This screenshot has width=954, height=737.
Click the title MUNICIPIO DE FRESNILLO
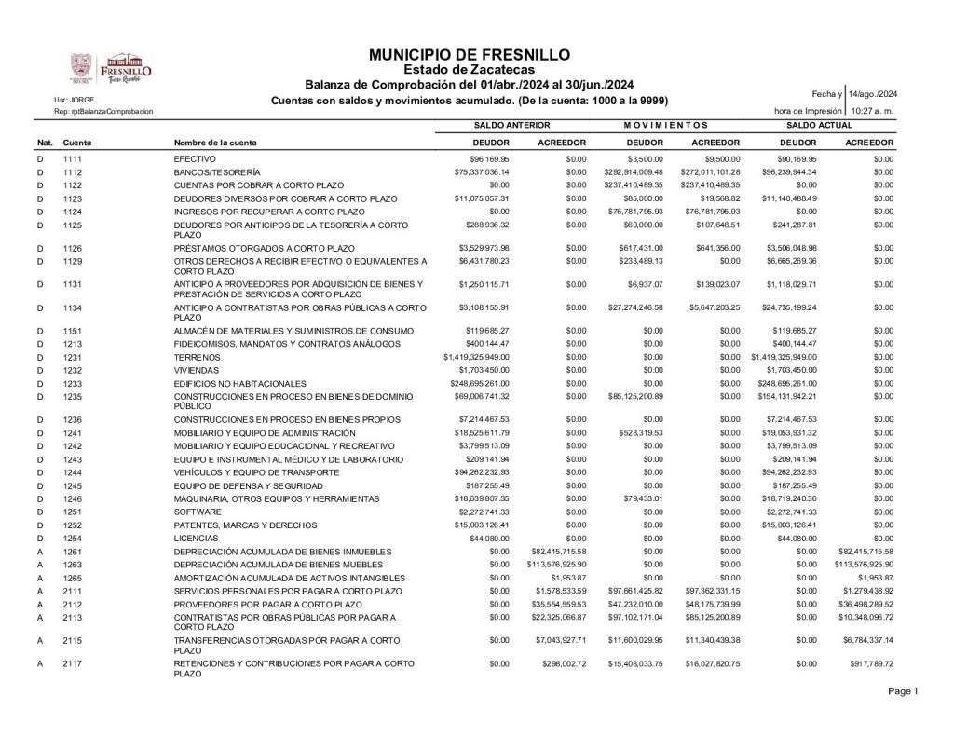[470, 55]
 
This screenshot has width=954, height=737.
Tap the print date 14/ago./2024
[873, 94]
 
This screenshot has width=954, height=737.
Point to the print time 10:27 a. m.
[873, 111]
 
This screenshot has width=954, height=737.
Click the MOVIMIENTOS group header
[666, 124]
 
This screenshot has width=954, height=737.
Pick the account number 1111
[74, 159]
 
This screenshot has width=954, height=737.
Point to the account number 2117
[74, 662]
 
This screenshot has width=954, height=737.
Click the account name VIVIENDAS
[196, 370]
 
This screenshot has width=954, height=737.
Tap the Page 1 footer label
[903, 690]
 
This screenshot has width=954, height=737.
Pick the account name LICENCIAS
[196, 538]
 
